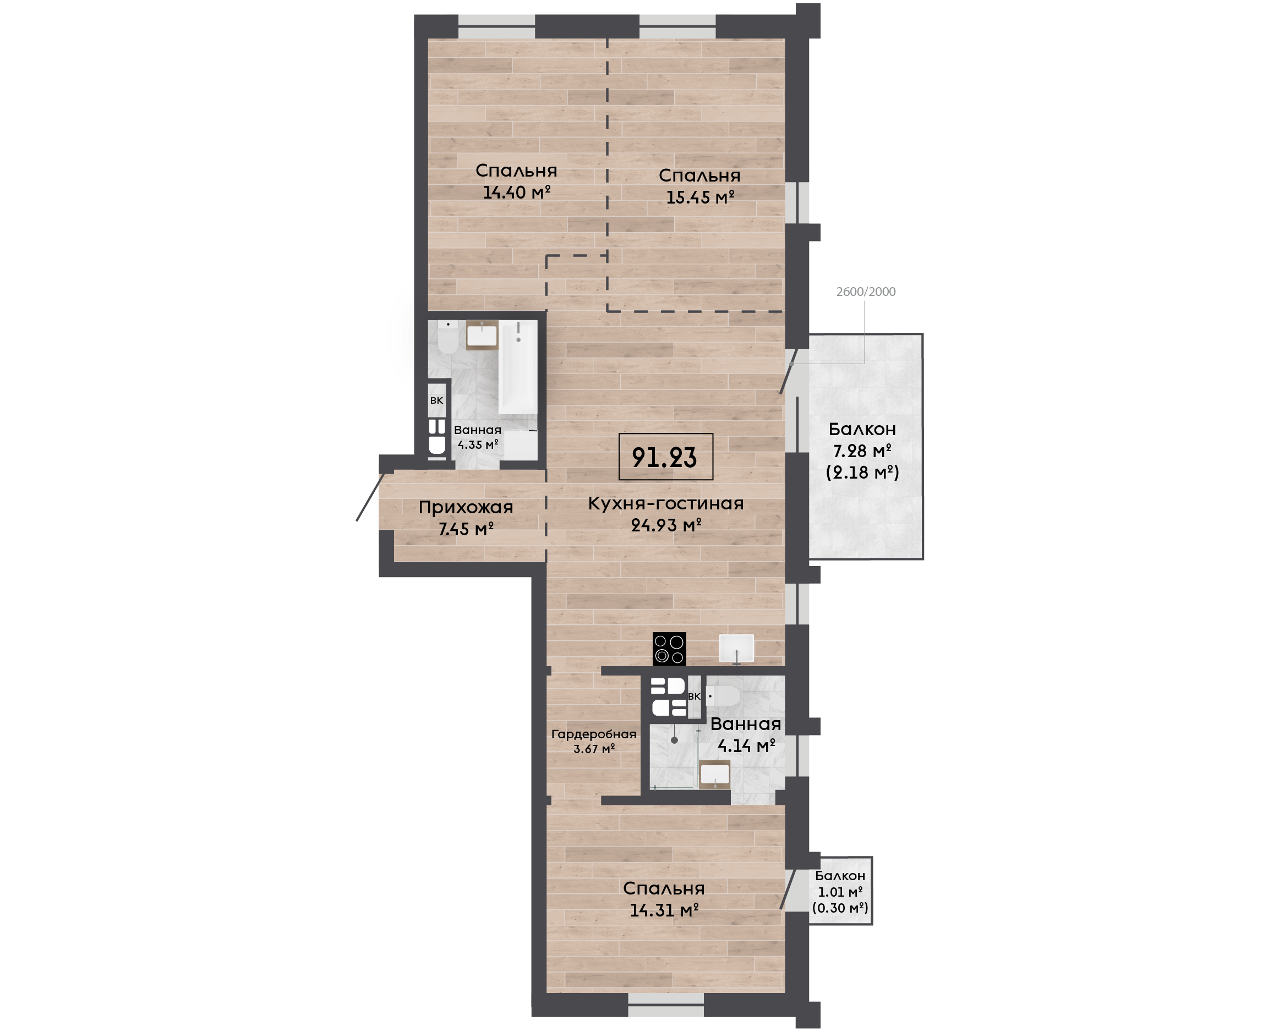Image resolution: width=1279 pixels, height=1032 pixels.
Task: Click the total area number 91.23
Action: pyautogui.click(x=664, y=457)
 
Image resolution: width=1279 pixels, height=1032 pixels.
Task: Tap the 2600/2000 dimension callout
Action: pyautogui.click(x=866, y=292)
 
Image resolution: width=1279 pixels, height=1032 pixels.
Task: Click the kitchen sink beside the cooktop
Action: pyautogui.click(x=736, y=648)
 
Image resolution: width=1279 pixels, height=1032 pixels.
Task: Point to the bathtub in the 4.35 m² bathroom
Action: pyautogui.click(x=518, y=367)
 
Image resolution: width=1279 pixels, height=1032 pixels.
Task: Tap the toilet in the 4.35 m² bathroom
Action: pyautogui.click(x=446, y=339)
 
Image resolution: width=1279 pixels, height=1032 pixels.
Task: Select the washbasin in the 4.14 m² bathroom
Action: pyautogui.click(x=715, y=774)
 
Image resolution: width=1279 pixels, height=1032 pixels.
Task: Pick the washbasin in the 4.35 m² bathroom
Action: pyautogui.click(x=482, y=335)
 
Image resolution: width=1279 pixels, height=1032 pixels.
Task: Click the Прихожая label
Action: pyautogui.click(x=466, y=507)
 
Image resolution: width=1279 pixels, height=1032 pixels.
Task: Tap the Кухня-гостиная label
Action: pyautogui.click(x=666, y=503)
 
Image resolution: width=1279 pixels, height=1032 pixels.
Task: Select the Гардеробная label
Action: pyautogui.click(x=593, y=734)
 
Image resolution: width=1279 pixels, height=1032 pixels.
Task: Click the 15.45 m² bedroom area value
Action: pyautogui.click(x=700, y=197)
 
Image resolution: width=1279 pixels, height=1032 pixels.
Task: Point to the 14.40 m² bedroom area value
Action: pyautogui.click(x=516, y=192)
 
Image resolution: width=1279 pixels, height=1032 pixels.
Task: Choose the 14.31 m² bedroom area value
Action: pyautogui.click(x=664, y=910)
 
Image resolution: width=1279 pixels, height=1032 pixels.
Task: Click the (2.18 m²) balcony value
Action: pyautogui.click(x=862, y=473)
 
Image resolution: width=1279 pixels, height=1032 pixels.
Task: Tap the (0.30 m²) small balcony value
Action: pyautogui.click(x=840, y=908)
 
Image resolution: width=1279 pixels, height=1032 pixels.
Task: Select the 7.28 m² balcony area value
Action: pyautogui.click(x=862, y=451)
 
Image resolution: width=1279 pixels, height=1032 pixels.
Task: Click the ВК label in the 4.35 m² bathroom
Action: pyautogui.click(x=436, y=400)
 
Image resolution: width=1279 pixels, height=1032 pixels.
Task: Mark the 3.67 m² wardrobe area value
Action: pyautogui.click(x=593, y=749)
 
